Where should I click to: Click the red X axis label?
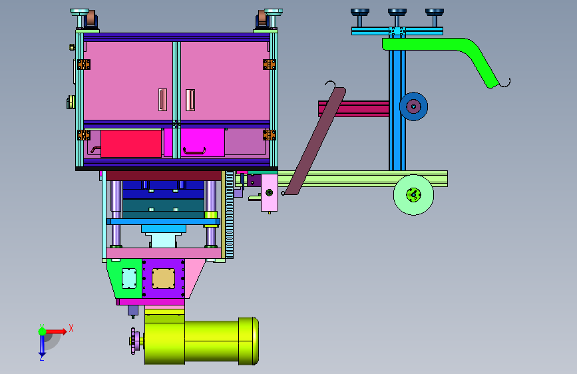point(71,328)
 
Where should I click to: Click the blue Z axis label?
point(42,357)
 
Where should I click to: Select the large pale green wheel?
point(413,195)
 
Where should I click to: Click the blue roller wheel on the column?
point(413,106)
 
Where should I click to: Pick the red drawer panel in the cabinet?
point(131,144)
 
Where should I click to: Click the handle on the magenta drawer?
point(194,151)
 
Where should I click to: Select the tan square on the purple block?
point(164,278)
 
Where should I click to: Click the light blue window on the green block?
point(129,278)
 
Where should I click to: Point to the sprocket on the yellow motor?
point(134,341)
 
